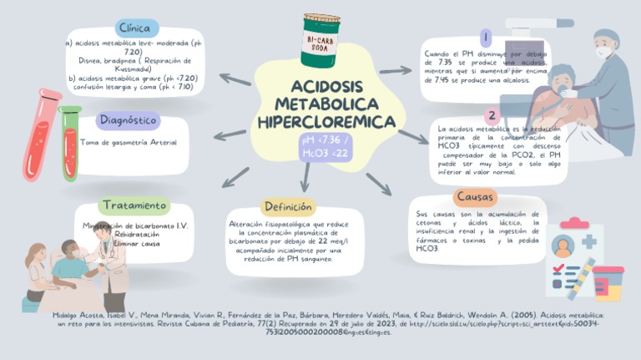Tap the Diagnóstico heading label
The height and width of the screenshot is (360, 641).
(129, 120)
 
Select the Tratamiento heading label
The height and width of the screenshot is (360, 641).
(134, 205)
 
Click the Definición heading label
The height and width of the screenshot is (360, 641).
(287, 206)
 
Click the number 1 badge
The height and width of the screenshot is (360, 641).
(485, 38)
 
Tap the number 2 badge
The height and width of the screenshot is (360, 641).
(493, 116)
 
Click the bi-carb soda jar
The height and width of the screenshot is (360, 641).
(321, 40)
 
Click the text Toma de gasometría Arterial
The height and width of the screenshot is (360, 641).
(129, 143)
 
